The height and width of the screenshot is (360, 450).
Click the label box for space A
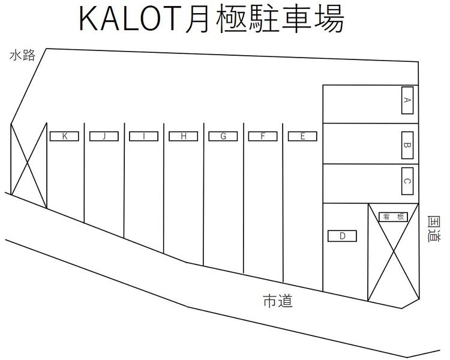click(x=407, y=100)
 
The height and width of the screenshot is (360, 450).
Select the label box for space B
click(x=407, y=145)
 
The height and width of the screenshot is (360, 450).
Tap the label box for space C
click(x=407, y=181)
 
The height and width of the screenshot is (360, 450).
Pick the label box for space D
click(x=342, y=236)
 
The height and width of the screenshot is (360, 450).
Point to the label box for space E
click(x=302, y=136)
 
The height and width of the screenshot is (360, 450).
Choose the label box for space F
click(x=263, y=136)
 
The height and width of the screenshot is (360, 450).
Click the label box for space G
click(x=223, y=136)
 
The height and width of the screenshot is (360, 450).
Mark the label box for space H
click(x=184, y=136)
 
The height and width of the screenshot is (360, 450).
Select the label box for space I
click(x=144, y=136)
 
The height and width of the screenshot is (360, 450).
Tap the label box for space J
click(x=104, y=136)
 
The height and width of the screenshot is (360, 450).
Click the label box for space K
click(x=64, y=136)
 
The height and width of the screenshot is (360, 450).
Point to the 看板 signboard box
click(x=393, y=217)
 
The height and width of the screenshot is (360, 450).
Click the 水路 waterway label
click(x=22, y=55)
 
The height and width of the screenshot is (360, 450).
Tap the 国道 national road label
click(x=434, y=229)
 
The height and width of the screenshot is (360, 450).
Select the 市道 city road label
click(x=278, y=301)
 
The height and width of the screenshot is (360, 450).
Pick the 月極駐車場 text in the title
click(x=265, y=19)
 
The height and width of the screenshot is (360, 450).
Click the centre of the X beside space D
click(x=393, y=253)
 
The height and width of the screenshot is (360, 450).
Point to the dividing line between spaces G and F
click(x=244, y=199)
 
